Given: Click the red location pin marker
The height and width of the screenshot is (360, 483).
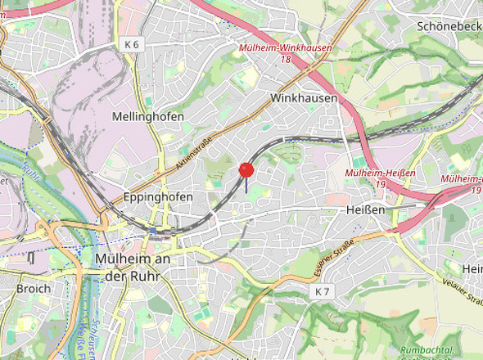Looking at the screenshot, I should tap(246, 170).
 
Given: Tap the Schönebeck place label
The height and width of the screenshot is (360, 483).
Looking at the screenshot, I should tap(449, 26).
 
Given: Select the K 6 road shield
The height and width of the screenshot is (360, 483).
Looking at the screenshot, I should tap(133, 44).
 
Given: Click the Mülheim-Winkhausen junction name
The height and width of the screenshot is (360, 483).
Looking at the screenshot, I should tap(286, 48).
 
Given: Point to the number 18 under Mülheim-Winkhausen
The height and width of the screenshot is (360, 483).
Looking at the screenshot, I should tap(286, 59).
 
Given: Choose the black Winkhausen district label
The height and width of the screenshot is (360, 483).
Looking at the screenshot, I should tap(304, 98).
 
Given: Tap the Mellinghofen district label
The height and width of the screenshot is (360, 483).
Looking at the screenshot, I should tap(148, 117).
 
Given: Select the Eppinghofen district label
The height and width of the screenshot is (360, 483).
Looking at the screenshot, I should tap(157, 197).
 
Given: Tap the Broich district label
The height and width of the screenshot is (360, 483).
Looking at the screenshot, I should tap(33, 288).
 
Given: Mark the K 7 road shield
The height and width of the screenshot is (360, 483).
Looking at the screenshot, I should tap(323, 291).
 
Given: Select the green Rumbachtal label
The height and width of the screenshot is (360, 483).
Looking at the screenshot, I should tap(428, 352).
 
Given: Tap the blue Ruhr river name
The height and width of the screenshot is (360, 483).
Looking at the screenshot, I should tap(32, 173).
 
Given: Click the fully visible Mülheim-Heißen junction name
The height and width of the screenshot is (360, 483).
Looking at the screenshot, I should tap(380, 173).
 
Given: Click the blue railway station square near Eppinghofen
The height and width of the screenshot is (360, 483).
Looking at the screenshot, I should tap(152, 231).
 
